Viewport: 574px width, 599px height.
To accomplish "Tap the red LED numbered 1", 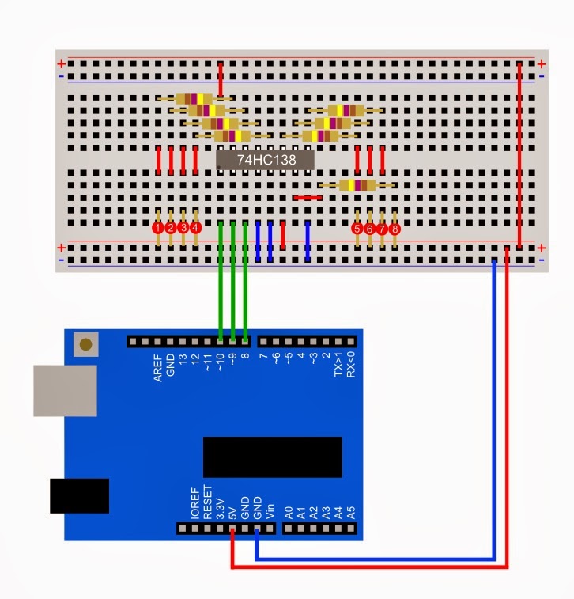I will coord(158,228).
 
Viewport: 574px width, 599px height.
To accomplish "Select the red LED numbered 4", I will coord(196,228).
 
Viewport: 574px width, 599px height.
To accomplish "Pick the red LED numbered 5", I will coord(357,228).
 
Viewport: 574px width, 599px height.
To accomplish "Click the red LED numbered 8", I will coord(395,228).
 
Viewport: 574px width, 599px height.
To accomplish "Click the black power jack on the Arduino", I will coord(79,495).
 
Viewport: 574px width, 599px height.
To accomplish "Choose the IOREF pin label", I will coord(194,502).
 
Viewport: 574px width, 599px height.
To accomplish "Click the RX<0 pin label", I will coord(351,365).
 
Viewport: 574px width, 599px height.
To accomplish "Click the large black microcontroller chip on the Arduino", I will coord(272,457).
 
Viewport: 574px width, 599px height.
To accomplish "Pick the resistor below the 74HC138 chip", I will coord(356,185).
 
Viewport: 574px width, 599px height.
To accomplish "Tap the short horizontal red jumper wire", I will coord(307,197).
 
